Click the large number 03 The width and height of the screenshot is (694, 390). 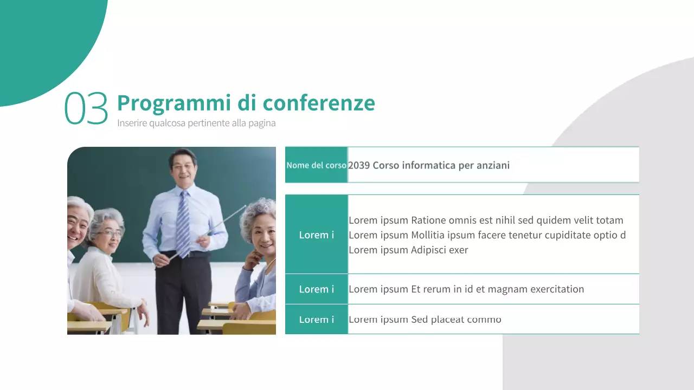coord(86,108)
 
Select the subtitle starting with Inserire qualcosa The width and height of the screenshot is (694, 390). coord(196,123)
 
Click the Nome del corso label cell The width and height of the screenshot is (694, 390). coord(316,165)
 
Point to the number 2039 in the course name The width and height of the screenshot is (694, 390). coord(359,165)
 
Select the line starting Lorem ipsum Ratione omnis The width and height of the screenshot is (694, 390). coord(486,220)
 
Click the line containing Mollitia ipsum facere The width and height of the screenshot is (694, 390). coord(487,235)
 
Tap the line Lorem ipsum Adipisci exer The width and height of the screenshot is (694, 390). coord(408,250)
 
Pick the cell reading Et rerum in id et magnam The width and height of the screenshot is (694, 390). coord(466,289)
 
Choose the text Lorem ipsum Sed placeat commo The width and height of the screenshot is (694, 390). coord(425,320)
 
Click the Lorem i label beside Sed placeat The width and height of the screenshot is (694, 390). coord(316,320)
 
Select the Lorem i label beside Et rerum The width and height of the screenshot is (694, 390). coord(316,289)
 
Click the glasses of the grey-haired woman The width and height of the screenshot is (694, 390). coord(110,233)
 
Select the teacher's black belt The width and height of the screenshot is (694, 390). coord(187,254)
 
